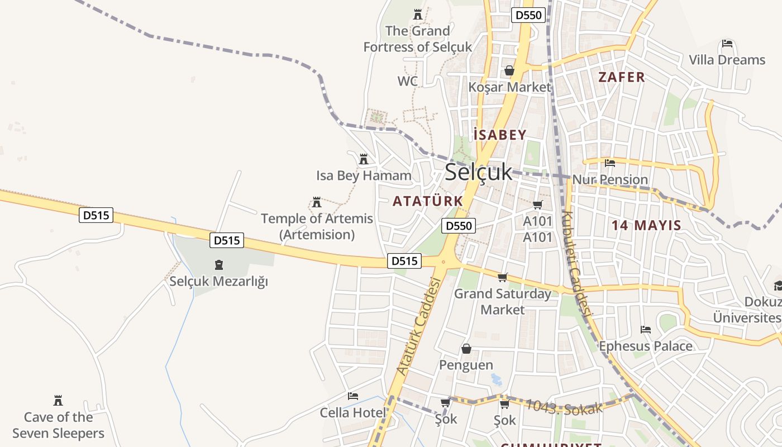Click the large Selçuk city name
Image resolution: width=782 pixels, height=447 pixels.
pyautogui.click(x=478, y=172)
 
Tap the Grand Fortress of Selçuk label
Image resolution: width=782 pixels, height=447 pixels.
pyautogui.click(x=418, y=39)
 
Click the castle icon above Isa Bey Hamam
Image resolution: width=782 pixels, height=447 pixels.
pyautogui.click(x=364, y=159)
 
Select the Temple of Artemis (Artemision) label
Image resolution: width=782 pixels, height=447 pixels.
pyautogui.click(x=317, y=226)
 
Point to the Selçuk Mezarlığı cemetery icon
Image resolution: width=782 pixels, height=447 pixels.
pyautogui.click(x=218, y=264)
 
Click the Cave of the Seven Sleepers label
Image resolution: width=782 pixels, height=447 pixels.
pyautogui.click(x=58, y=425)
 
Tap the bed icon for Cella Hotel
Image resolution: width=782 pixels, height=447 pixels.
pyautogui.click(x=353, y=396)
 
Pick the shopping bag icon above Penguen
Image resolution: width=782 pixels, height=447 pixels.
pyautogui.click(x=466, y=349)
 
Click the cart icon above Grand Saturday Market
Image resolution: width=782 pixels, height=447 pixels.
pyautogui.click(x=503, y=277)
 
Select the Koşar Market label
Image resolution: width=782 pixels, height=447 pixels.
pyautogui.click(x=509, y=87)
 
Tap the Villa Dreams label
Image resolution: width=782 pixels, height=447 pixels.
pyautogui.click(x=727, y=60)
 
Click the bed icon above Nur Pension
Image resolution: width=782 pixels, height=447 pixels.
pyautogui.click(x=610, y=163)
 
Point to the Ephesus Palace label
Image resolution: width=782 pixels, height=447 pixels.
pyautogui.click(x=646, y=346)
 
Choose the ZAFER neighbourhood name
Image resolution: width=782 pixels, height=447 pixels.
pyautogui.click(x=622, y=77)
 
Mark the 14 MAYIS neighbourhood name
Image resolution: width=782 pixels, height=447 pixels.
pyautogui.click(x=646, y=226)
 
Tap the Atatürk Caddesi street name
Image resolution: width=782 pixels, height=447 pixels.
pyautogui.click(x=418, y=326)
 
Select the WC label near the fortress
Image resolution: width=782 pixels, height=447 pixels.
pyautogui.click(x=408, y=82)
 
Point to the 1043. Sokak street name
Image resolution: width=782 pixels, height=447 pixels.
pyautogui.click(x=564, y=407)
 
